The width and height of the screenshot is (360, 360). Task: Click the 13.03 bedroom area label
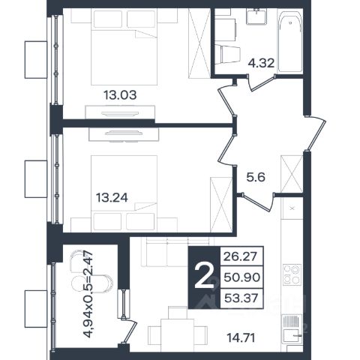(x=120, y=95)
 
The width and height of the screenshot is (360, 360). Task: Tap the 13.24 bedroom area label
(x=112, y=198)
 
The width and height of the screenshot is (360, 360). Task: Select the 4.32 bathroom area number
(x=261, y=63)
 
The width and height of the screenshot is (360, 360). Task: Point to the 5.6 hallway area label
(x=256, y=178)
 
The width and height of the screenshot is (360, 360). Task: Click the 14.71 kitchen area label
(x=241, y=338)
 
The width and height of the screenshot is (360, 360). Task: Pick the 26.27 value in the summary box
(x=240, y=256)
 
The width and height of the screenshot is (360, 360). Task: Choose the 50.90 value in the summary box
(x=241, y=277)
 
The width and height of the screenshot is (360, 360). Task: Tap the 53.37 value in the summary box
(x=241, y=298)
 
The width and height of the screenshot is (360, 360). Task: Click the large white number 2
(x=204, y=277)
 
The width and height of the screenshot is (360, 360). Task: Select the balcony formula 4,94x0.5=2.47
(x=88, y=294)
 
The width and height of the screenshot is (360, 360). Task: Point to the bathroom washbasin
(x=256, y=16)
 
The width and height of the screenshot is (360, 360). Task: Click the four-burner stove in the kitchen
(x=292, y=274)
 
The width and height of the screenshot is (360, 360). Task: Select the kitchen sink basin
(x=292, y=335)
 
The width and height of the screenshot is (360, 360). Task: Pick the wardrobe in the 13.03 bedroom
(x=199, y=43)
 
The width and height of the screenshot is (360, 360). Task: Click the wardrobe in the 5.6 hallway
(x=292, y=174)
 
